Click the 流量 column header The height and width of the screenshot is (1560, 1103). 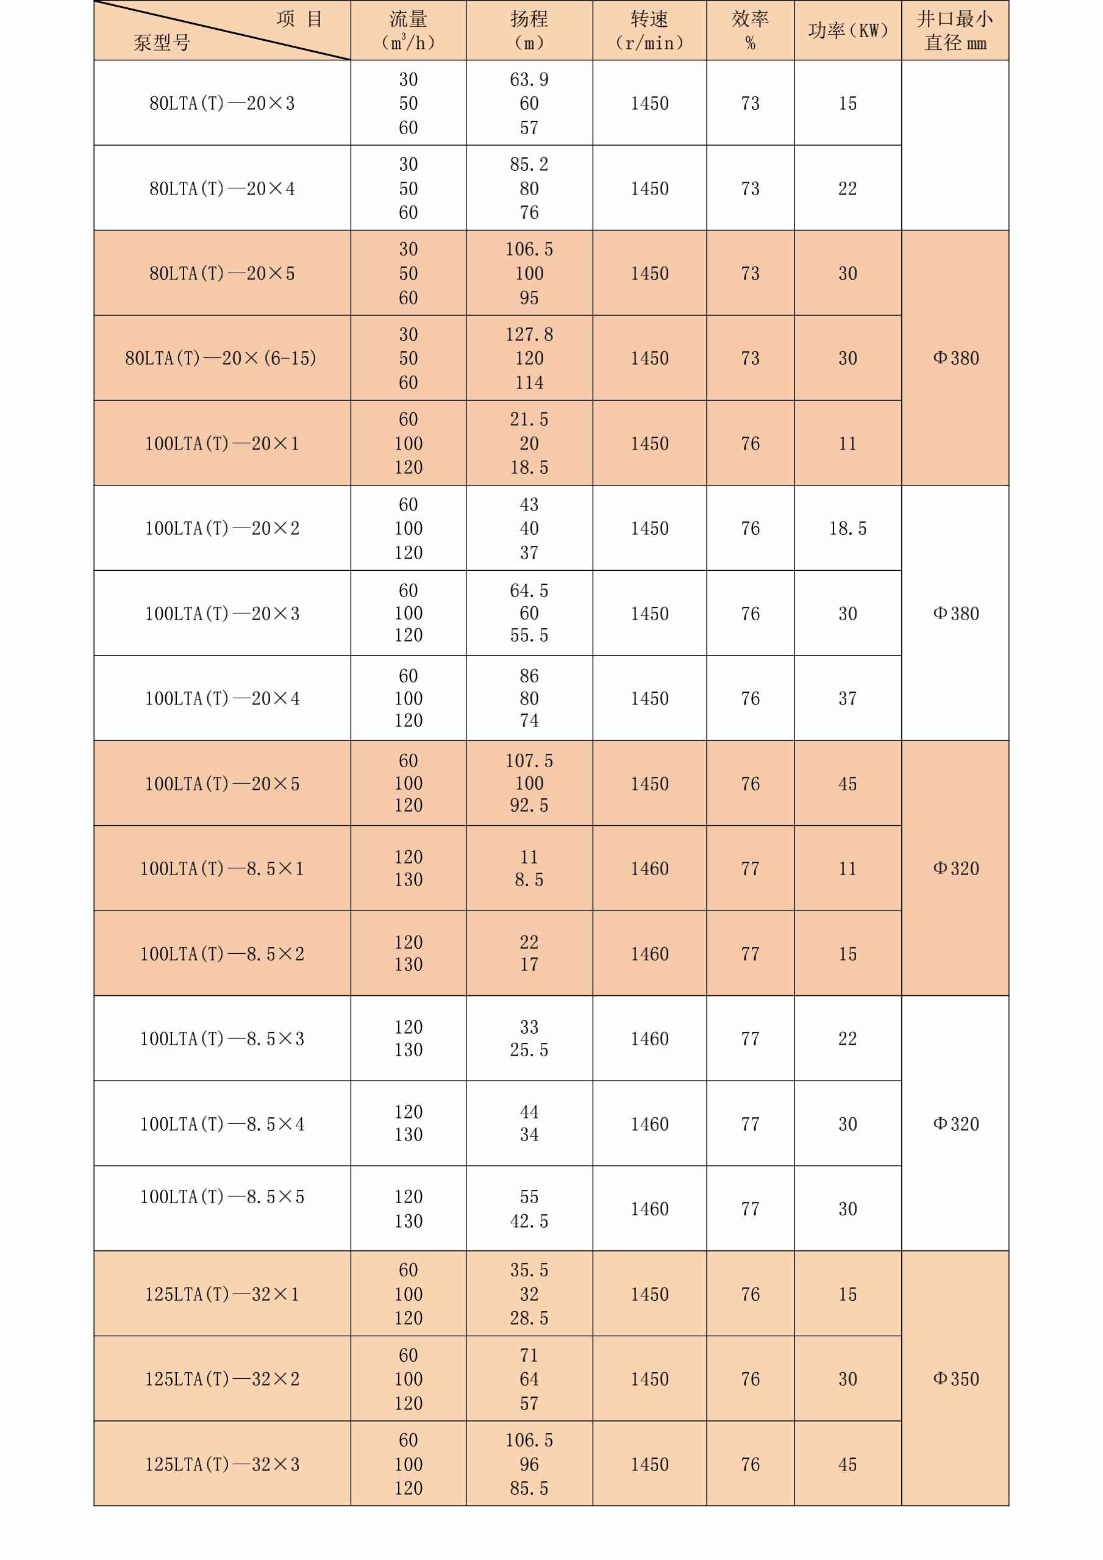(408, 30)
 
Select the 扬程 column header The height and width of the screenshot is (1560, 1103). (529, 30)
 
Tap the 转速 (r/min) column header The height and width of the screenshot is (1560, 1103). (649, 30)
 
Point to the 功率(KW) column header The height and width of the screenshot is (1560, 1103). (848, 30)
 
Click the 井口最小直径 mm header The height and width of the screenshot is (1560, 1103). (955, 30)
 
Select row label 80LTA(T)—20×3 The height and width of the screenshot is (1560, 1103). (222, 103)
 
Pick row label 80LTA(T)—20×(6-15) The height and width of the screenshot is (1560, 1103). (221, 358)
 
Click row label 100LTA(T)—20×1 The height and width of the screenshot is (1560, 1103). (222, 444)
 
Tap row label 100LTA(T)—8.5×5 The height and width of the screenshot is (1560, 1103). (222, 1197)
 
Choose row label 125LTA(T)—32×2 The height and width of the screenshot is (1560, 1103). (222, 1379)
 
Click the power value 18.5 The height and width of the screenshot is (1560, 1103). (848, 529)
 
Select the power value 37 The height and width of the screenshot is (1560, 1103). (848, 698)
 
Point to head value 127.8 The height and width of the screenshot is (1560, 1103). (529, 334)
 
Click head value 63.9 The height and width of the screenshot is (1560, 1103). (529, 79)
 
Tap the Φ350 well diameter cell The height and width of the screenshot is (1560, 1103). (955, 1379)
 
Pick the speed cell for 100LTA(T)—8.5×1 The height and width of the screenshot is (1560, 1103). (649, 868)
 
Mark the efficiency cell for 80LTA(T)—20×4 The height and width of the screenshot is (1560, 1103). (750, 188)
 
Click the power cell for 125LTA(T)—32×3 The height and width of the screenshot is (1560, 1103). (848, 1464)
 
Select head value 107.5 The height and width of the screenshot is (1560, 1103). (529, 761)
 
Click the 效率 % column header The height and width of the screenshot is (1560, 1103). (750, 30)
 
